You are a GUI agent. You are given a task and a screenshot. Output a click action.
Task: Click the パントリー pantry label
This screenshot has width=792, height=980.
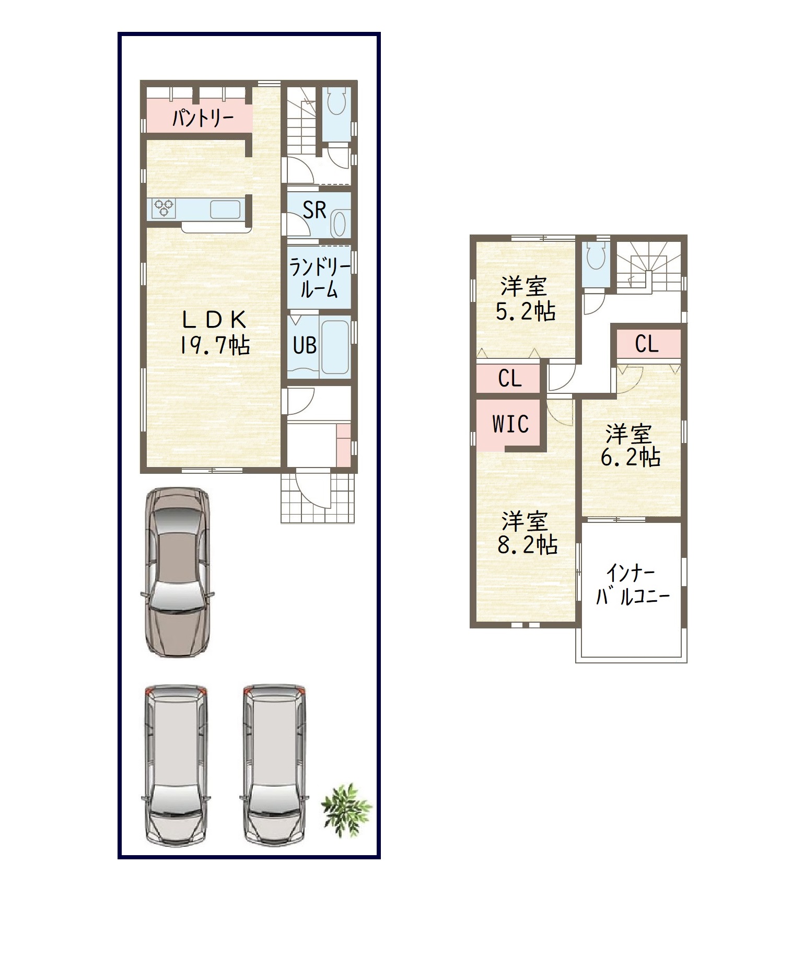point(203,119)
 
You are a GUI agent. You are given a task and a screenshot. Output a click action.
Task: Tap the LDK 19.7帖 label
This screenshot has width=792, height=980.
point(214,332)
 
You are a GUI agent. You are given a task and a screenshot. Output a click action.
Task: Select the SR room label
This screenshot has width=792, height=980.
point(315,210)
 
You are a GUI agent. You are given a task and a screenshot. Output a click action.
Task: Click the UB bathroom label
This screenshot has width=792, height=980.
point(305,345)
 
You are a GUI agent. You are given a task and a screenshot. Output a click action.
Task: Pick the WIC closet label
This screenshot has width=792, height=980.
point(510,424)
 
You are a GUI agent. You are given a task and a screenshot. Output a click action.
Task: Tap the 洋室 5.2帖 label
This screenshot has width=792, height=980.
point(525,299)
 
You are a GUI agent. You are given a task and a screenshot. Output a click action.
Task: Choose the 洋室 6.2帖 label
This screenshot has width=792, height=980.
point(630,446)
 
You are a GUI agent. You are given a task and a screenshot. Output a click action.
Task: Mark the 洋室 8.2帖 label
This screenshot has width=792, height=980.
point(527,533)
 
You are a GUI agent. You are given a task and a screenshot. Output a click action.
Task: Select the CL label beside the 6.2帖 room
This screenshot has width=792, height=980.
point(647,344)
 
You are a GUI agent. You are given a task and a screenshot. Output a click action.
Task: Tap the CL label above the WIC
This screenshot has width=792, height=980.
point(510,378)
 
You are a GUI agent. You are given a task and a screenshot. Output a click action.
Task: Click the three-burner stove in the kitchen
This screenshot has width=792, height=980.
point(164,209)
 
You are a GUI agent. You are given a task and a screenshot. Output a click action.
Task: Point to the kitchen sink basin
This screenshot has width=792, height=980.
point(226,209)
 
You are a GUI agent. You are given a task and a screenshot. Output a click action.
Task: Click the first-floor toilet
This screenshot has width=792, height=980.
point(335,100)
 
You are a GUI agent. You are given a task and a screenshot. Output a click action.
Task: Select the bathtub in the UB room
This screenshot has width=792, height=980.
point(334,345)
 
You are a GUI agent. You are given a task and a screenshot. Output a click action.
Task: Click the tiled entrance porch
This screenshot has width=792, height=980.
point(318,498)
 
